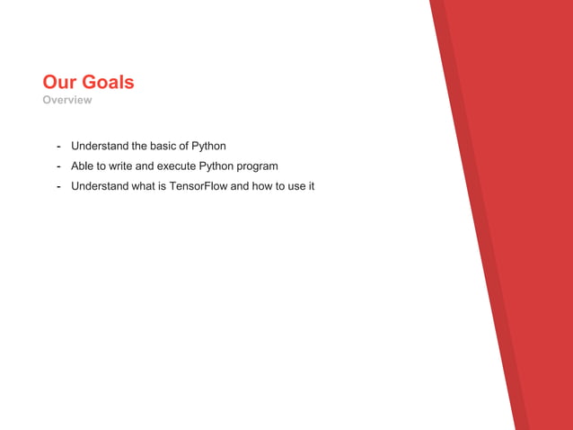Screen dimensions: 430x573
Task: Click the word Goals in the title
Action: (x=108, y=83)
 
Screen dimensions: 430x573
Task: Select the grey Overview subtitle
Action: (x=67, y=100)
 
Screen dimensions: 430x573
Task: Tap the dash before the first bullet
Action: (x=58, y=146)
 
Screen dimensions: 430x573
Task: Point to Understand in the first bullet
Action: (x=100, y=146)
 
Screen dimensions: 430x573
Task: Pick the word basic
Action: (x=164, y=146)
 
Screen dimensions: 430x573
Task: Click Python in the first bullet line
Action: (x=208, y=146)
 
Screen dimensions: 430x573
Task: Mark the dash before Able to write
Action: (x=58, y=166)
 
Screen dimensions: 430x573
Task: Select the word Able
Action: (x=83, y=166)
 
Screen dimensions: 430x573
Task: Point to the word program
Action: (x=258, y=166)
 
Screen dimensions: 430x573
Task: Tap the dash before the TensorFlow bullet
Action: (x=58, y=187)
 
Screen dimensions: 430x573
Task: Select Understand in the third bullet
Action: (x=100, y=187)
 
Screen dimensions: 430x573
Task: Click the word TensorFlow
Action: (x=199, y=187)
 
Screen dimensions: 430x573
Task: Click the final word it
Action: (x=311, y=187)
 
